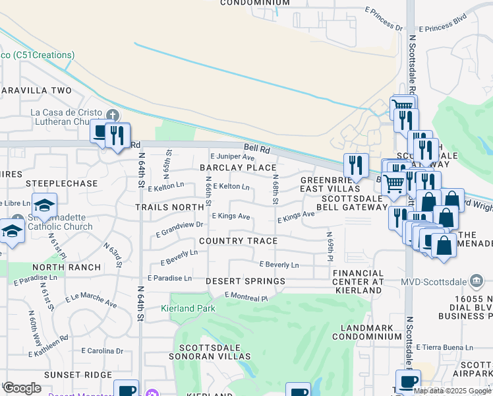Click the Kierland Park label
pyautogui.click(x=188, y=308)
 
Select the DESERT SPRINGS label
pyautogui.click(x=245, y=281)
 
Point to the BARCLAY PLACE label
pyautogui.click(x=238, y=168)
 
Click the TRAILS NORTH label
pyautogui.click(x=169, y=207)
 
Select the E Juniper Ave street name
pyautogui.click(x=232, y=157)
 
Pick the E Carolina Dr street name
pyautogui.click(x=101, y=350)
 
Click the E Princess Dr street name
pyautogui.click(x=383, y=19)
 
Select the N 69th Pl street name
pyautogui.click(x=328, y=245)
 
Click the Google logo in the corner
pyautogui.click(x=22, y=388)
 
